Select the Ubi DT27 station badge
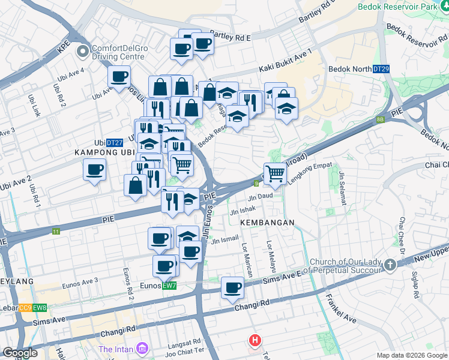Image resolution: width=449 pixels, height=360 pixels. coord(115,143)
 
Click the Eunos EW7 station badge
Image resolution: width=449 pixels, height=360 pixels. coord(169,286)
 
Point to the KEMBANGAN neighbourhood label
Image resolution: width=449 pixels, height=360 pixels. coord(267,223)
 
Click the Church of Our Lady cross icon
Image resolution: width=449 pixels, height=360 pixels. coord(390,264)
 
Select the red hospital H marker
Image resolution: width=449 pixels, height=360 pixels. coord(255,341)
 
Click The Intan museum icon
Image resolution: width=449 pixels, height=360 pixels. coord(142,348)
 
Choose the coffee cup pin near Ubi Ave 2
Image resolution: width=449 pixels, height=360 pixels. coord(94,170)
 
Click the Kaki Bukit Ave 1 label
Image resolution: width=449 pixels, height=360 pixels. coord(286,61)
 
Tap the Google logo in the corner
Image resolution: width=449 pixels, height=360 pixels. coord(20,353)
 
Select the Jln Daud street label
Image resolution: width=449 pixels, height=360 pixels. coord(261,196)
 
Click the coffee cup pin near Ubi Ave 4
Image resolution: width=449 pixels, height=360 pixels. coord(119,76)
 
